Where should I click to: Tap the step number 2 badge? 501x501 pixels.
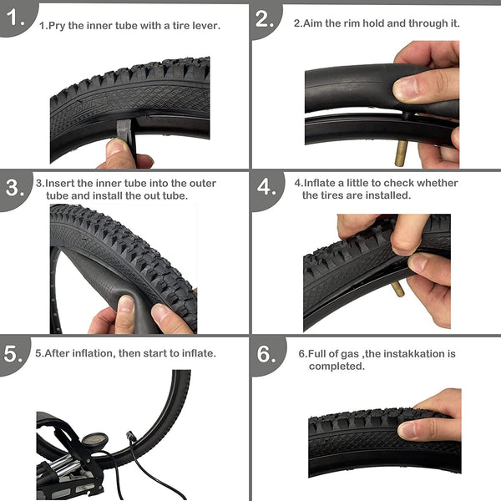[x=266, y=18]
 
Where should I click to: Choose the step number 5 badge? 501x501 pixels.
[x=15, y=353]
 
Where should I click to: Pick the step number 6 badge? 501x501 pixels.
[x=266, y=353]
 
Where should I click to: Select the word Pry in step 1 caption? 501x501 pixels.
[x=57, y=26]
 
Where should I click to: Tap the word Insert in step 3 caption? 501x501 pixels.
[x=63, y=183]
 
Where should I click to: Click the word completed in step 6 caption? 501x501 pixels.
[x=337, y=366]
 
